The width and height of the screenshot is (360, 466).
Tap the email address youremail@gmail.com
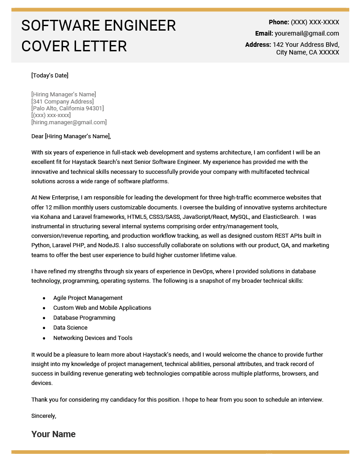pyautogui.click(x=307, y=33)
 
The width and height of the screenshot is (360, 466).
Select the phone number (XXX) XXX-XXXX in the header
pyautogui.click(x=315, y=22)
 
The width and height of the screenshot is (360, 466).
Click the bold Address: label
pyautogui.click(x=258, y=45)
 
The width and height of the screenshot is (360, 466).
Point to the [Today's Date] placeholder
pyautogui.click(x=49, y=75)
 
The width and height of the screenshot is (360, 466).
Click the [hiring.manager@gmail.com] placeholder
pyautogui.click(x=69, y=122)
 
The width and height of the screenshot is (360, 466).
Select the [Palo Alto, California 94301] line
pyautogui.click(x=67, y=108)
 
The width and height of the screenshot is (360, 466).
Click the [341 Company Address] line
pyautogui.click(x=63, y=101)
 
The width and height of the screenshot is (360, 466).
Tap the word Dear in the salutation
pyautogui.click(x=37, y=136)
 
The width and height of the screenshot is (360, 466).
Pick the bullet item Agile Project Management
pyautogui.click(x=88, y=298)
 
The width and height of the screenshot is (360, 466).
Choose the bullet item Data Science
pyautogui.click(x=70, y=327)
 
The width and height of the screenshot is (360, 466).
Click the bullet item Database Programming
pyautogui.click(x=84, y=317)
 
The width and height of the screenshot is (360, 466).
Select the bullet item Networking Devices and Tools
pyautogui.click(x=93, y=338)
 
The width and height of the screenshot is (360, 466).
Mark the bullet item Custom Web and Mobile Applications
pyautogui.click(x=102, y=308)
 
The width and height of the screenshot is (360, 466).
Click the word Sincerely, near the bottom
pyautogui.click(x=44, y=416)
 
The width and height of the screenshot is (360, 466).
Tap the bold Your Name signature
pyautogui.click(x=53, y=434)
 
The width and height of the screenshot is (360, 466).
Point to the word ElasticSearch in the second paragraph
pyautogui.click(x=280, y=217)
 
